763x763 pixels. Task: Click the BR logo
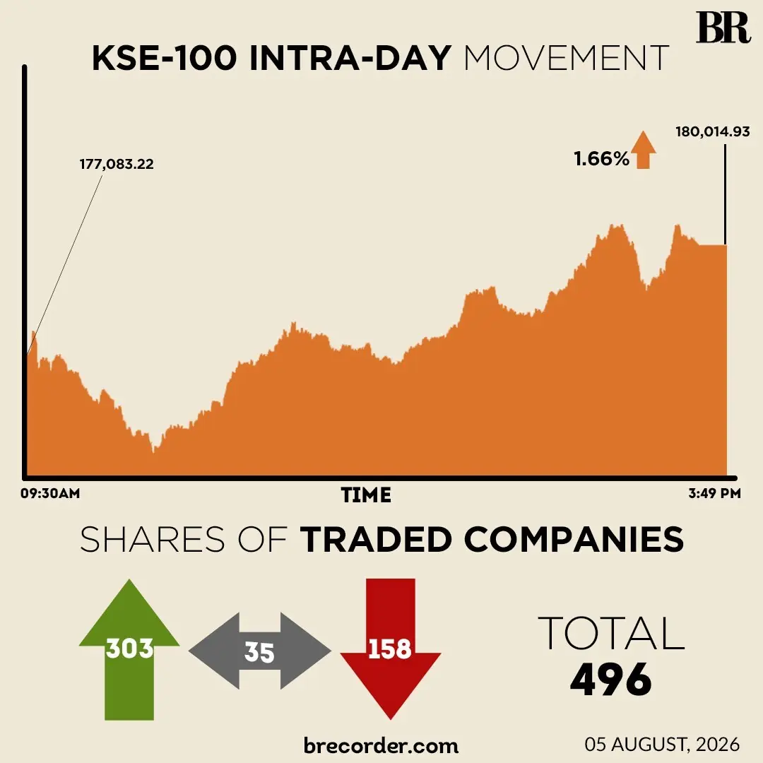click(x=723, y=28)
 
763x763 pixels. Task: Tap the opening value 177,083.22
click(x=117, y=164)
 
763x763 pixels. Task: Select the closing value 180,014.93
click(x=713, y=132)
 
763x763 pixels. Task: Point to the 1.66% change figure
click(x=601, y=159)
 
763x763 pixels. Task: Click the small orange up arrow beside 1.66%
click(x=644, y=150)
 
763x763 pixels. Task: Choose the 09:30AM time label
click(x=50, y=493)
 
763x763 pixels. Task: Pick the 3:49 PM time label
click(x=714, y=493)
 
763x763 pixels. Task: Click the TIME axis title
click(x=366, y=495)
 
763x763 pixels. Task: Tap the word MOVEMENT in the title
click(x=567, y=59)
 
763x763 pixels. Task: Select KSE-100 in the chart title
click(x=165, y=59)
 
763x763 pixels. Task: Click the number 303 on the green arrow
click(x=129, y=648)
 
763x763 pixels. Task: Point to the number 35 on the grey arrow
click(x=259, y=652)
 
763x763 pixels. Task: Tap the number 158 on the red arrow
click(x=390, y=649)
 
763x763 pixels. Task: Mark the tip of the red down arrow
click(x=390, y=719)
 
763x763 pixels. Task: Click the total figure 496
click(x=610, y=680)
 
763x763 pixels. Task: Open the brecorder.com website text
click(x=381, y=745)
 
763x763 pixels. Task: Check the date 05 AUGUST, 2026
click(x=662, y=745)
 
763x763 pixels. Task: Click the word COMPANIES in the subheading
click(x=574, y=539)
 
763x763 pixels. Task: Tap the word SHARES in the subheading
click(x=153, y=539)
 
